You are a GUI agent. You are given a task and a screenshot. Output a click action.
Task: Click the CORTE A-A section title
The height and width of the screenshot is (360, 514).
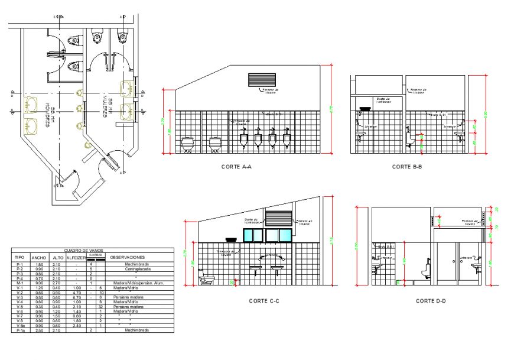pyautogui.click(x=236, y=167)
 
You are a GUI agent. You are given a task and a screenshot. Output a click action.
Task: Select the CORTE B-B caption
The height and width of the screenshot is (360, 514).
pyautogui.click(x=407, y=167)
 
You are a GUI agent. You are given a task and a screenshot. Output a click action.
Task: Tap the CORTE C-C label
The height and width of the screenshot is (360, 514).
pyautogui.click(x=263, y=301)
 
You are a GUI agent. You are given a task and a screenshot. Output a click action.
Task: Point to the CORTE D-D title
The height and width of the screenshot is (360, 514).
pyautogui.click(x=431, y=301)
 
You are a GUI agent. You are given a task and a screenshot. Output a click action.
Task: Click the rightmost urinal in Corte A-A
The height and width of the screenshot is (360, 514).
pyautogui.click(x=287, y=141)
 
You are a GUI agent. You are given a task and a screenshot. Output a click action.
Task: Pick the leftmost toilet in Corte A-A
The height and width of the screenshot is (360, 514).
pyautogui.click(x=188, y=144)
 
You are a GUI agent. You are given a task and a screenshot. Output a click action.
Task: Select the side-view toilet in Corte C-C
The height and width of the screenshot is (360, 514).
pyautogui.click(x=207, y=279)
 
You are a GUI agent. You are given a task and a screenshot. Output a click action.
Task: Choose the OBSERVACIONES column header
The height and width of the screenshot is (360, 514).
pyautogui.click(x=127, y=258)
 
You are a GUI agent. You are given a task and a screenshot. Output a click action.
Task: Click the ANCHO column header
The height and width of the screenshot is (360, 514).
pyautogui.click(x=40, y=258)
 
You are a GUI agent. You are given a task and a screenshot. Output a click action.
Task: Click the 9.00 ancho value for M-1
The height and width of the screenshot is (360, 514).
pyautogui.click(x=39, y=283)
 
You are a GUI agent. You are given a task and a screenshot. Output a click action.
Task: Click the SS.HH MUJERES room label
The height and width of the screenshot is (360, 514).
pyautogui.click(x=109, y=106)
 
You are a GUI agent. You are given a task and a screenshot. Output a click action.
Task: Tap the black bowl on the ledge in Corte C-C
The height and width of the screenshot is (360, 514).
pyautogui.click(x=231, y=239)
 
